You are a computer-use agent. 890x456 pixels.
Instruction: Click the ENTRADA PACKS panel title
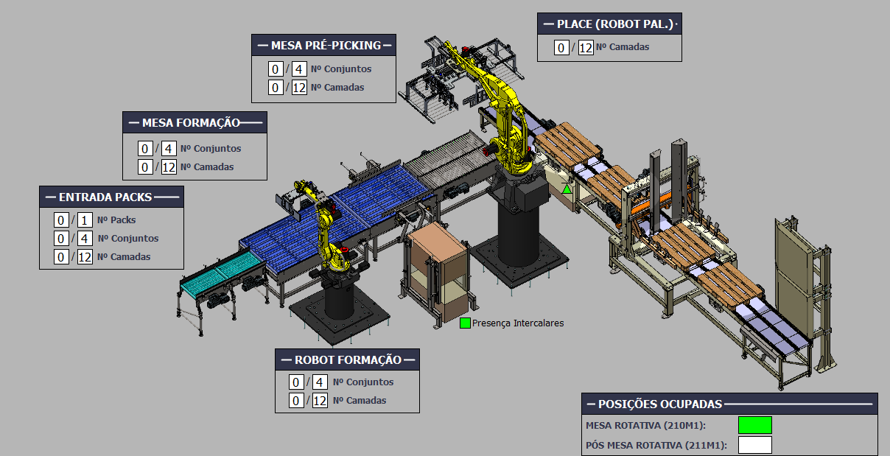[x=105, y=197]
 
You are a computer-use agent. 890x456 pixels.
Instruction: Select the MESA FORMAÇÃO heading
[x=191, y=123]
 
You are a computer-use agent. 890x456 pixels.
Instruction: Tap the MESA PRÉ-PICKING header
[x=326, y=45]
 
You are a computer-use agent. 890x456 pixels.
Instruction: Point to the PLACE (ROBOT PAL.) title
[x=615, y=24]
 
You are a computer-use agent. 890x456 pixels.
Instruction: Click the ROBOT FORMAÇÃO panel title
[x=348, y=360]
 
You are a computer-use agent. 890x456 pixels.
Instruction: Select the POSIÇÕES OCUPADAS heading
[x=660, y=404]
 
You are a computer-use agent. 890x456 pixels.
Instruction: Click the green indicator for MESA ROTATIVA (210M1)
[x=755, y=425]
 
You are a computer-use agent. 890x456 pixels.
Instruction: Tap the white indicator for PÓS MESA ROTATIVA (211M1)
[x=755, y=445]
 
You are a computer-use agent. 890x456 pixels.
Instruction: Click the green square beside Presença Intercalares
[x=465, y=323]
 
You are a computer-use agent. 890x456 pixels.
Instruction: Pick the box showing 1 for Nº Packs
[x=85, y=220]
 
